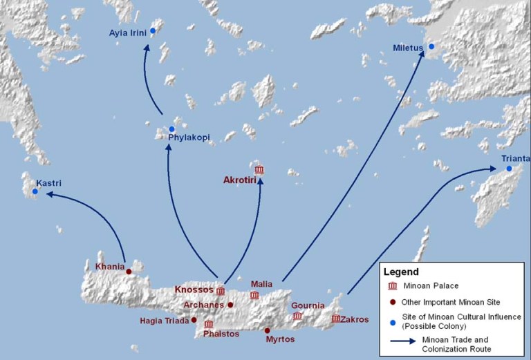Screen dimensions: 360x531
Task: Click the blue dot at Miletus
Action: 431,46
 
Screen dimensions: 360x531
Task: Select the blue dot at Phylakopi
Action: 171,129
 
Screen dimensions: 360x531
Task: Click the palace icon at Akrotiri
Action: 259,169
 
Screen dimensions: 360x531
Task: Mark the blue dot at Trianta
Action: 509,169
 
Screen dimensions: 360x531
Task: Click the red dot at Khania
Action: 129,272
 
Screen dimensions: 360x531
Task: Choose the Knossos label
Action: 194,290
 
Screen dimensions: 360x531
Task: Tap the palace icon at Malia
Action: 254,295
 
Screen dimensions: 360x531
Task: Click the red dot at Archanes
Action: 230,305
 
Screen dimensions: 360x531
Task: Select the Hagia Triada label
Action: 165,320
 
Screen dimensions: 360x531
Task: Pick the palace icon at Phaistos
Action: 208,324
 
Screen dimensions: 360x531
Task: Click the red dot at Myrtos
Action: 268,330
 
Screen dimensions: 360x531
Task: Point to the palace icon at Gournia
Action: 297,316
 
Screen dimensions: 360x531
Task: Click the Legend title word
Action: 402,272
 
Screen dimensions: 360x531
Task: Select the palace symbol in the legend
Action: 393,286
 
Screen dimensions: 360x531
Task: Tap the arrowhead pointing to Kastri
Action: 47,195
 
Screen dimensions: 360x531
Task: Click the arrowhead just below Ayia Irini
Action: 147,49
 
